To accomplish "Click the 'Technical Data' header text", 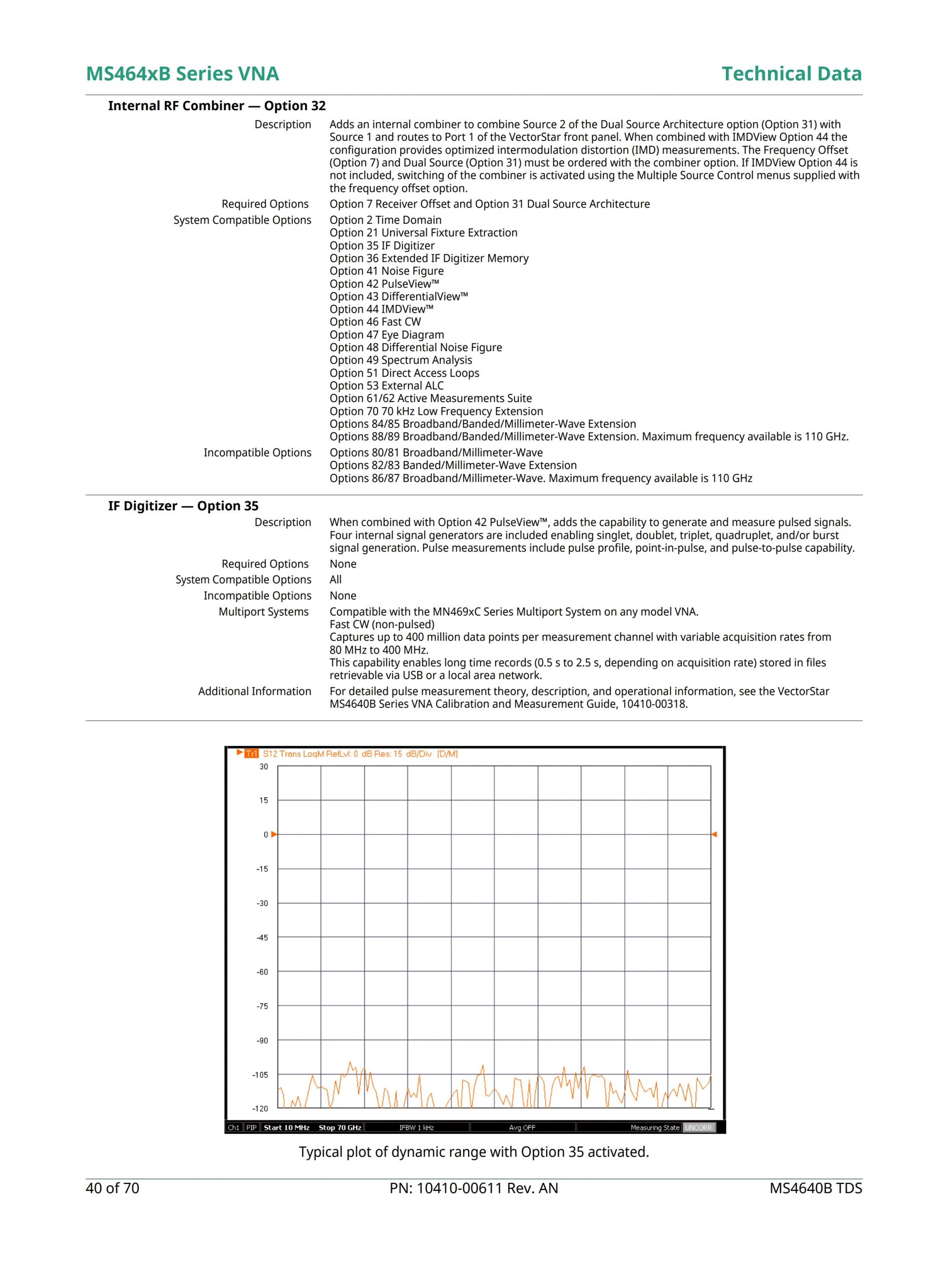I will point(791,74).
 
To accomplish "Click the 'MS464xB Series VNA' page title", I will point(182,74).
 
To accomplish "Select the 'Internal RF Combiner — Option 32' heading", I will point(217,106).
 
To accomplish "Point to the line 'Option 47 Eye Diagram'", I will point(386,335).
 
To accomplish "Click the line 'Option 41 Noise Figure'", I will point(386,271).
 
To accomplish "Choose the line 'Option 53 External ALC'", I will point(386,386).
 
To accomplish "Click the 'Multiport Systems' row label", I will point(264,611).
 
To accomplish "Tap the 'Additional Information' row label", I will point(254,691).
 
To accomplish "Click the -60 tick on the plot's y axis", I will point(262,972).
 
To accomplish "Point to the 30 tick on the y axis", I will point(264,766).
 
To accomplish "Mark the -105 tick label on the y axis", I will point(260,1075).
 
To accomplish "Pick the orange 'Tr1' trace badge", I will point(251,754).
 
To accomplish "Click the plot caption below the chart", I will point(474,1152).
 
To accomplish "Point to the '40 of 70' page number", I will point(113,1188).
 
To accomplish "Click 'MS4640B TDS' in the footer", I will point(815,1188).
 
